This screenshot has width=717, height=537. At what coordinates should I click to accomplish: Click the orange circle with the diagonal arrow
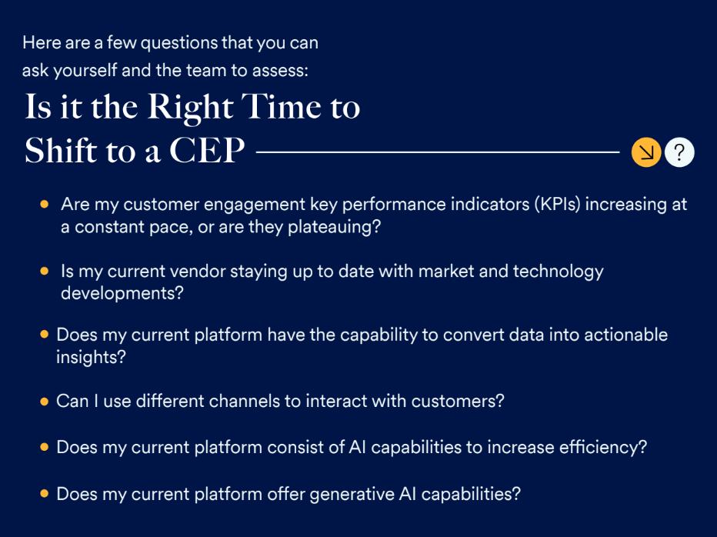[x=646, y=152]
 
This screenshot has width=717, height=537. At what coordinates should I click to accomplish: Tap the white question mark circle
[x=679, y=152]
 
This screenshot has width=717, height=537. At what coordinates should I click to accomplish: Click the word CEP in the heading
[x=207, y=150]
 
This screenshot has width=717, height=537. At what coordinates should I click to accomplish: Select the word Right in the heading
[x=190, y=108]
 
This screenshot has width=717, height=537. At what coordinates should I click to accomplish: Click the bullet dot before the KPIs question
[x=45, y=204]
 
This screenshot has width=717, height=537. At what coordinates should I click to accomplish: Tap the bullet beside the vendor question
[x=45, y=271]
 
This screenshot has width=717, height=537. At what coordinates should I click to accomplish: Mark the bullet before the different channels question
[x=45, y=402]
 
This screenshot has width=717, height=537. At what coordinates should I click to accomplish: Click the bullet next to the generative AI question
[x=45, y=494]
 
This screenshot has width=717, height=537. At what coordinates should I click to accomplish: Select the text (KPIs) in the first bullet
[x=558, y=205]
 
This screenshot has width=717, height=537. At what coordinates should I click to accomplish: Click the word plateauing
[x=334, y=227]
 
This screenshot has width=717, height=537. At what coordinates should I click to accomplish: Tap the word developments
[x=122, y=293]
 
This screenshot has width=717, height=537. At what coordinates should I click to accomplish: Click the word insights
[x=91, y=357]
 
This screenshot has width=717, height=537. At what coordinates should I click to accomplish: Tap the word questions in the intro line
[x=178, y=43]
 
